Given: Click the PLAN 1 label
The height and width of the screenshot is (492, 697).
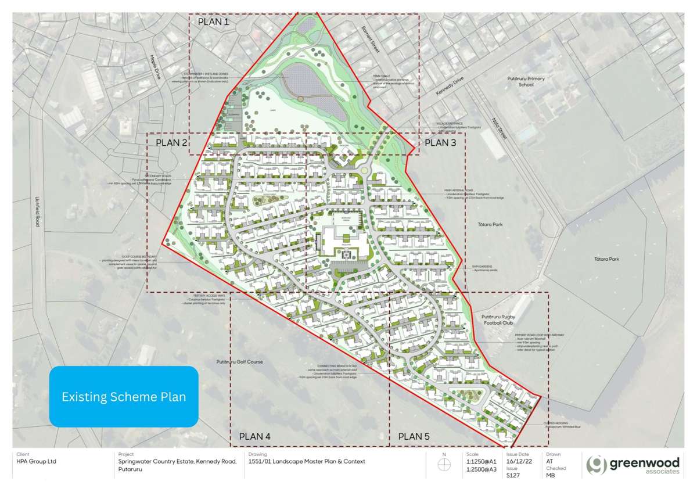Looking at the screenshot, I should [x=213, y=22].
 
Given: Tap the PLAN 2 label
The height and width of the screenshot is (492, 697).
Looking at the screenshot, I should [x=171, y=142].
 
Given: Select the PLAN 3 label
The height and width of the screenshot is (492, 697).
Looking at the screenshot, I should [x=441, y=142].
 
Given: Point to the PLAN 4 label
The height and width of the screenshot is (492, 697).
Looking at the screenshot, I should [x=254, y=436].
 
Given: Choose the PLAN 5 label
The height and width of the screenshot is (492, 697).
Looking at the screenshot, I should [x=413, y=436].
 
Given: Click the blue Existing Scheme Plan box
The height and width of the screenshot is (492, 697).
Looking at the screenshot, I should [x=124, y=397].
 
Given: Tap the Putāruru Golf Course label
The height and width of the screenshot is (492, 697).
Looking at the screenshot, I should [x=239, y=362].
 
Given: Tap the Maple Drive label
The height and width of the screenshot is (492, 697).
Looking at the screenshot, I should [x=155, y=67].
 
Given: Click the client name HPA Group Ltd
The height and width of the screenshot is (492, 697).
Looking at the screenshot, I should [x=37, y=461].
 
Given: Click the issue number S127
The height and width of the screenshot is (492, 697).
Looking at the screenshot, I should [x=513, y=475].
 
